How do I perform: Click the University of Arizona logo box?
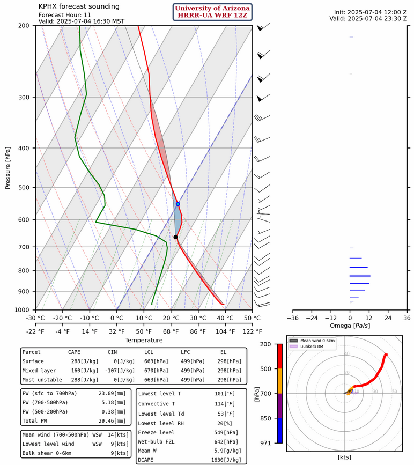(x=212, y=12)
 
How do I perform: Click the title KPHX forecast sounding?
(x=79, y=6)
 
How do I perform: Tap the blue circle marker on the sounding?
(x=178, y=204)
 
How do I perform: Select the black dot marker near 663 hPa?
(x=175, y=237)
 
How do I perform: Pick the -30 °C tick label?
(x=36, y=318)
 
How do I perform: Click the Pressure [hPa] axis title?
(x=8, y=167)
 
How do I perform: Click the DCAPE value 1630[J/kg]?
(x=224, y=460)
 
